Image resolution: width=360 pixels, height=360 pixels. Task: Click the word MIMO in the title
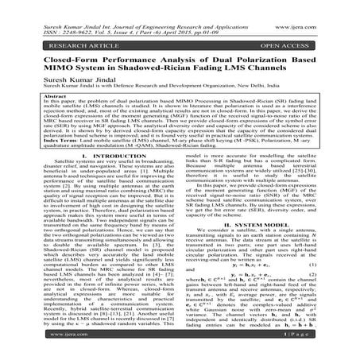click(43, 67)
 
